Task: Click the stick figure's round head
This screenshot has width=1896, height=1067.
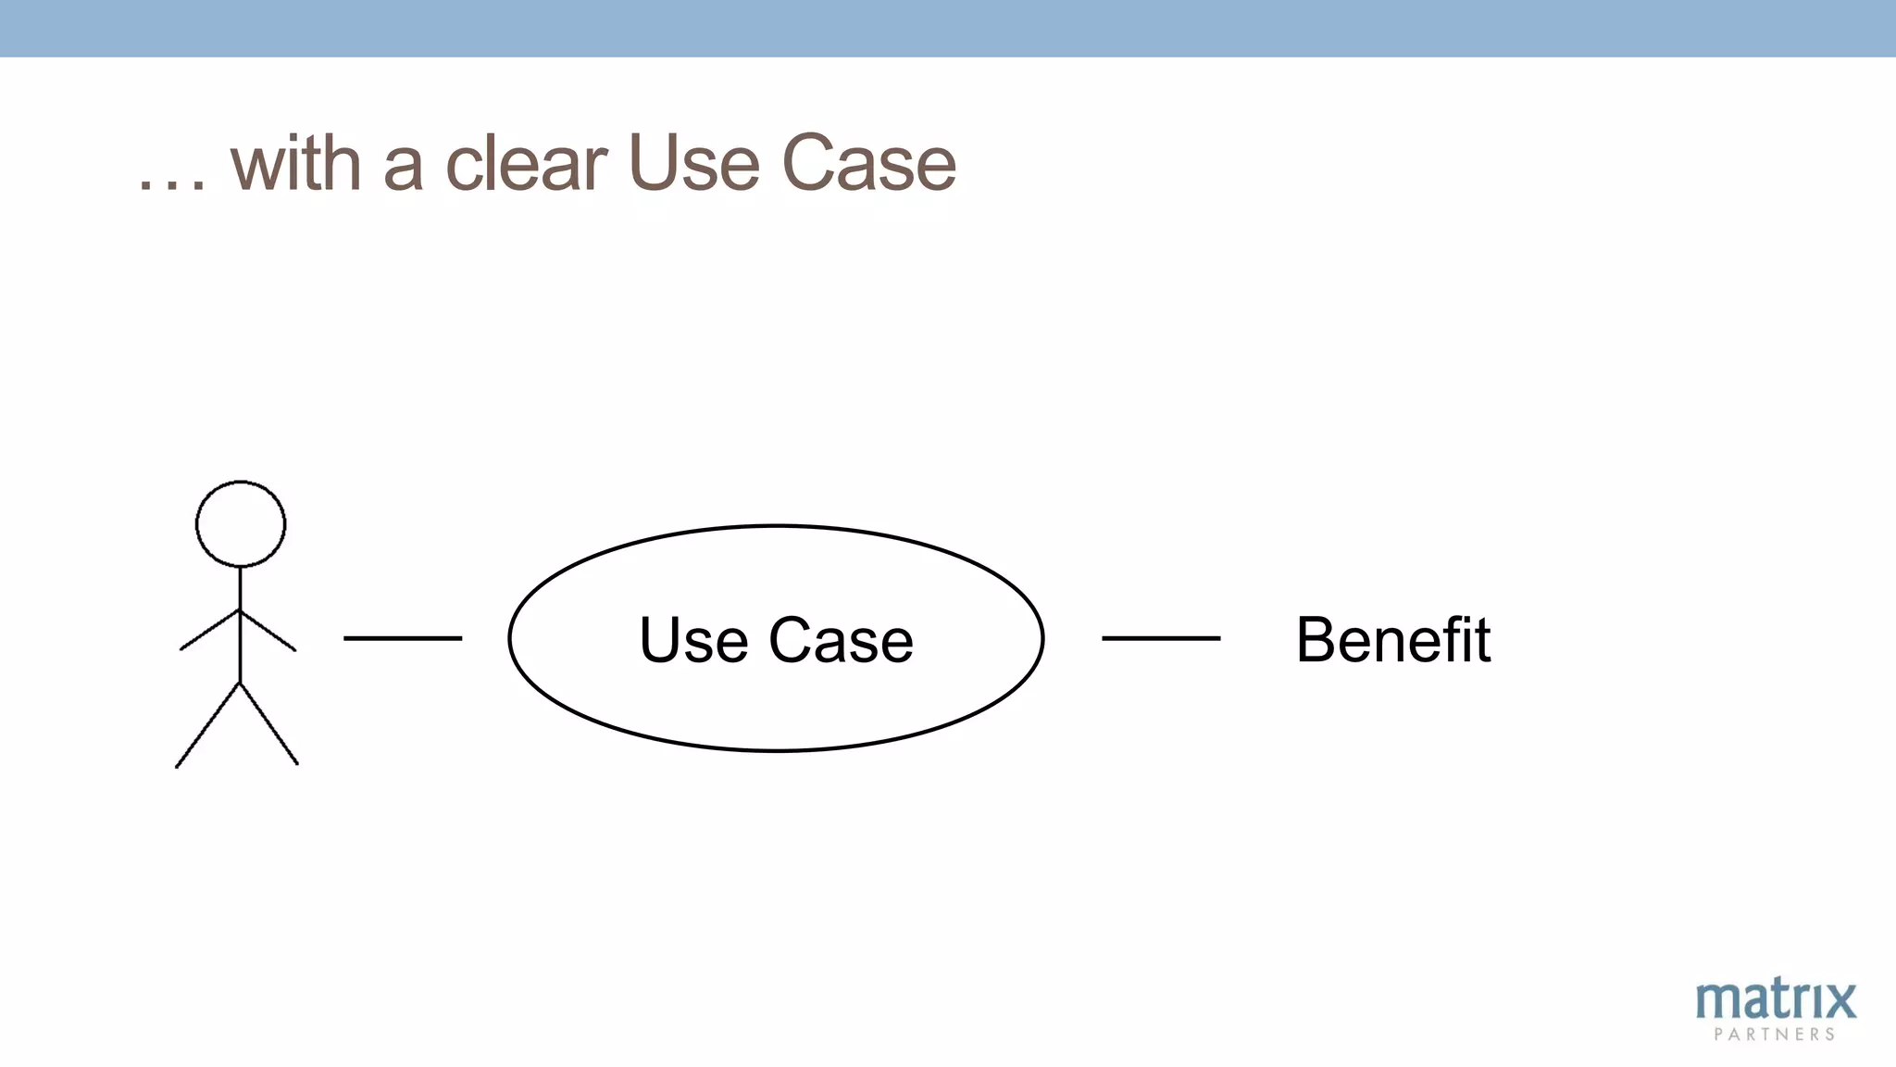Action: [x=241, y=523]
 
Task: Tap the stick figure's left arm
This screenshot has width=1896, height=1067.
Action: [x=209, y=630]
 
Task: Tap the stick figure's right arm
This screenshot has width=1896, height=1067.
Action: [x=269, y=631]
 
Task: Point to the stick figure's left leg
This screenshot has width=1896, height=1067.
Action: [x=207, y=725]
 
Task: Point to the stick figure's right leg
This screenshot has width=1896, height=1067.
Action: [x=269, y=724]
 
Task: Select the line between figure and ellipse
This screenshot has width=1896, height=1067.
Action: [x=403, y=638]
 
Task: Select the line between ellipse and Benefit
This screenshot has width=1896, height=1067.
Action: [x=1161, y=638]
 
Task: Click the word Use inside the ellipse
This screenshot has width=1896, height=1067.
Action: [x=693, y=640]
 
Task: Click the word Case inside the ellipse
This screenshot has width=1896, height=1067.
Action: [x=841, y=640]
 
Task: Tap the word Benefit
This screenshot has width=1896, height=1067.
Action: [x=1392, y=640]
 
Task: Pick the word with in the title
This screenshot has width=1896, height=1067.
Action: [x=295, y=164]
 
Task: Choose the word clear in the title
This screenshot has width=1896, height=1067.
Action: [x=526, y=164]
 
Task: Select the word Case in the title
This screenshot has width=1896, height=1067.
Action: [x=868, y=164]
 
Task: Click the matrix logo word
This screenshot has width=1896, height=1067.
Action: [x=1776, y=1000]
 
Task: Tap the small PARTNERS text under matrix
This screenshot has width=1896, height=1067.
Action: [x=1775, y=1035]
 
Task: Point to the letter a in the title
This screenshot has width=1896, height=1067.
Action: [x=404, y=169]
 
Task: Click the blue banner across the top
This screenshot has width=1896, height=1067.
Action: [x=948, y=28]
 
